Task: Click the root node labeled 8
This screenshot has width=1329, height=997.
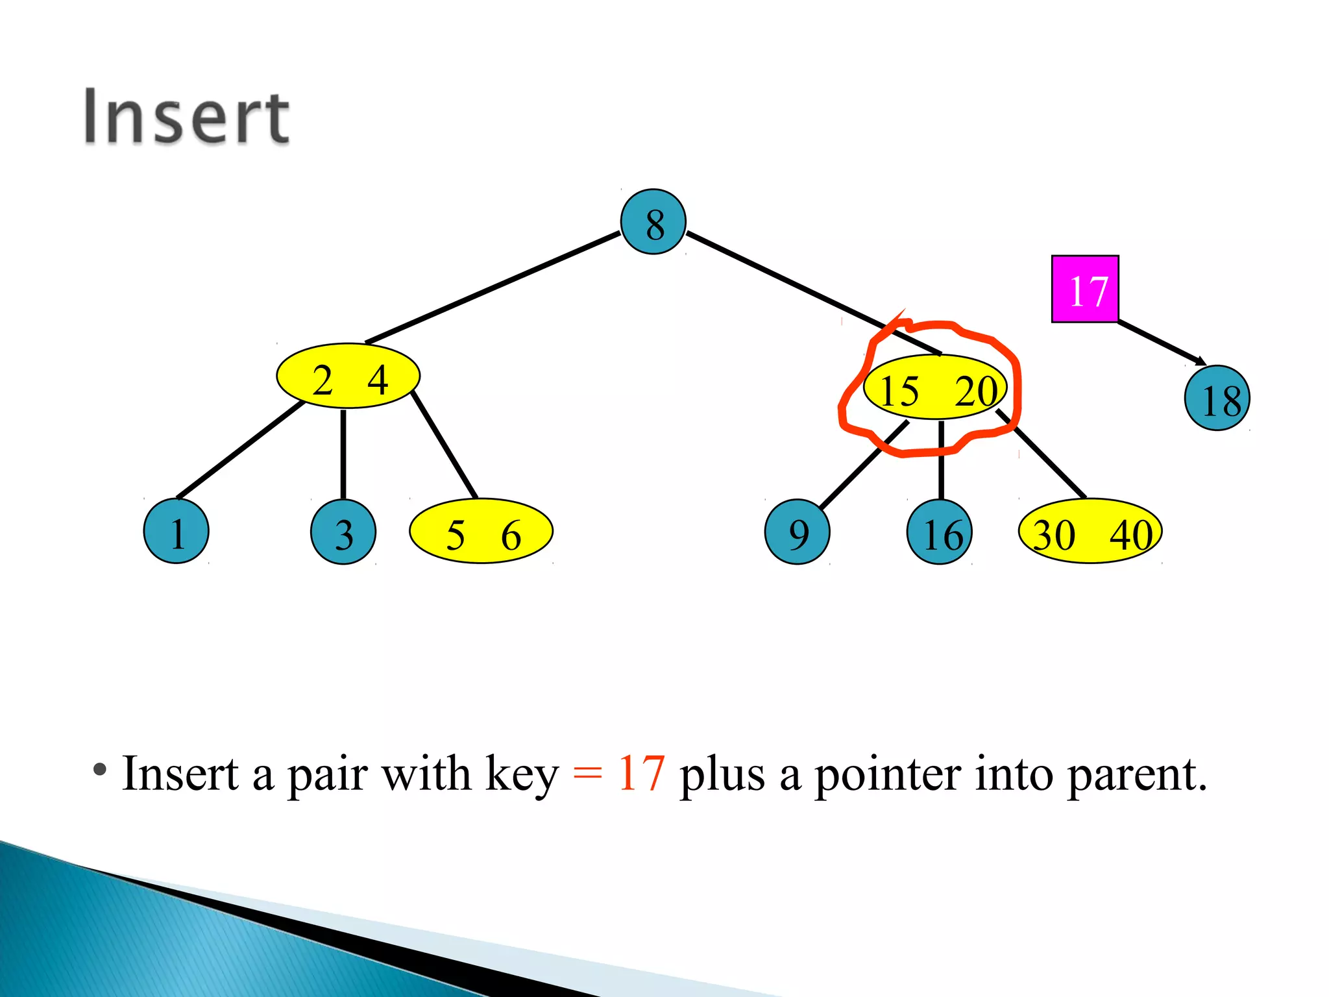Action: [653, 222]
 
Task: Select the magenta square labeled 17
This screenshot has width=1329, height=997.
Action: [1085, 289]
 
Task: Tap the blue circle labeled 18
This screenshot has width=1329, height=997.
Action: [1217, 398]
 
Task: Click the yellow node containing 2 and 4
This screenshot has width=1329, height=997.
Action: [348, 376]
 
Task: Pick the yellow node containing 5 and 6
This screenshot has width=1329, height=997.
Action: [481, 531]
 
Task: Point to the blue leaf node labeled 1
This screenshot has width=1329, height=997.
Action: [176, 531]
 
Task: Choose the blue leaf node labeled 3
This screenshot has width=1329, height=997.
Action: [343, 532]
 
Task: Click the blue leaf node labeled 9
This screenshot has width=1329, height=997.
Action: [797, 532]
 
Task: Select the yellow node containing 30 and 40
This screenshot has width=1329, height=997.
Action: [1090, 531]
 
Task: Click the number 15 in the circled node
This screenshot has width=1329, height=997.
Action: [899, 391]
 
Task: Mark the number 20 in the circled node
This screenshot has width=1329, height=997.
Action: [975, 391]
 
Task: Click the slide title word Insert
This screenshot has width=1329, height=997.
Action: [187, 117]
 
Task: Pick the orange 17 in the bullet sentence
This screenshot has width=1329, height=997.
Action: [641, 774]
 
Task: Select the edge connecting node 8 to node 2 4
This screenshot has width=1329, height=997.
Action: [493, 287]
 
